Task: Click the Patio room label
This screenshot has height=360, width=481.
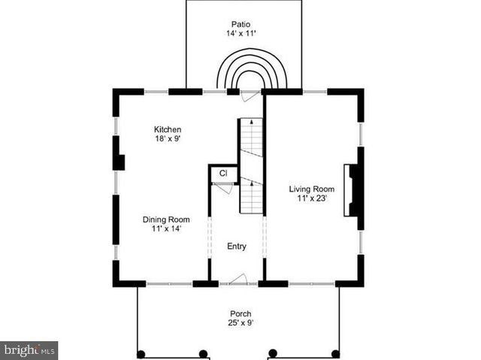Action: [x=242, y=23]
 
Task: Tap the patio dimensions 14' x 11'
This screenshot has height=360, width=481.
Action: [x=242, y=34]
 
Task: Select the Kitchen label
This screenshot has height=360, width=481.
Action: [x=168, y=129]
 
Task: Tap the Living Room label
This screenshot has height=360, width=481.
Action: [x=312, y=189]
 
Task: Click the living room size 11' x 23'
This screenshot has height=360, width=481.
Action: [x=312, y=199]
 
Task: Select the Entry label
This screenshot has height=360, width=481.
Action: [x=237, y=247]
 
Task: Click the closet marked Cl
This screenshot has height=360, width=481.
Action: [x=223, y=174]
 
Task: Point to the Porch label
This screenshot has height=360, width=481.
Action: [x=240, y=313]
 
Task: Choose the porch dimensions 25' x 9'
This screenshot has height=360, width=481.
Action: [x=240, y=324]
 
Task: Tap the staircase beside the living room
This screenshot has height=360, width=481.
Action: [x=252, y=165]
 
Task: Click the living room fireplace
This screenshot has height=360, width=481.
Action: [x=354, y=190]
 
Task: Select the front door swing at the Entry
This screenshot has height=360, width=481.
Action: [x=238, y=279]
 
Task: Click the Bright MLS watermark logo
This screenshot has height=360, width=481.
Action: [x=29, y=350]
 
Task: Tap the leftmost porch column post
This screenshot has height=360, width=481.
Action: [x=141, y=353]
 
